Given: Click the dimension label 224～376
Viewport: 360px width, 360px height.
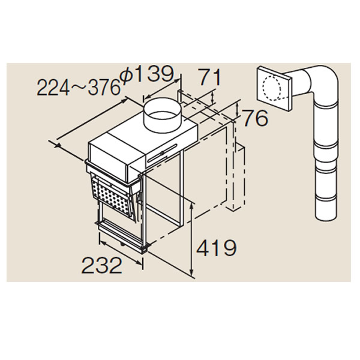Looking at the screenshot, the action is click(79, 87).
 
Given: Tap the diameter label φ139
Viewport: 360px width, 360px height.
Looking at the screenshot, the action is click(147, 74).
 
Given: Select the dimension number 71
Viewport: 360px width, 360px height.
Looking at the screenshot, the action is click(209, 77).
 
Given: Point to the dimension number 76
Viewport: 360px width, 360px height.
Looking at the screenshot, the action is click(256, 118).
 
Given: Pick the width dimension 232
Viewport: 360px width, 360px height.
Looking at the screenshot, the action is click(102, 265).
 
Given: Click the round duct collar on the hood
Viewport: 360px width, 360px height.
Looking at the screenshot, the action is click(163, 115).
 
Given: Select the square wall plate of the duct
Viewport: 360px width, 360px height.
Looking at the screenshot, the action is click(274, 88).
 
